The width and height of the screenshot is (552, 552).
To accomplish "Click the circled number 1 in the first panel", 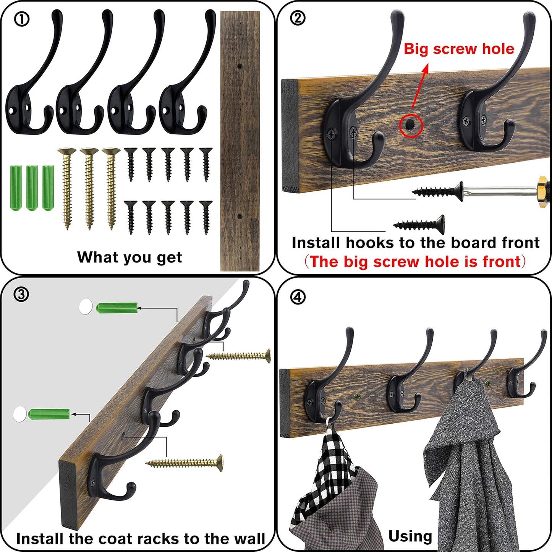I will coord(21,19).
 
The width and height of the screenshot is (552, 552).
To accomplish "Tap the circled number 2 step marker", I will coord(298,18).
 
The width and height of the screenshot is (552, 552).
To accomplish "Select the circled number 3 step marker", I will coord(21,294).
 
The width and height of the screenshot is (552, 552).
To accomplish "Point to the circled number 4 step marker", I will coord(298,297).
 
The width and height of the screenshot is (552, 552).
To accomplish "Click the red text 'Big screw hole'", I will coord(459,49).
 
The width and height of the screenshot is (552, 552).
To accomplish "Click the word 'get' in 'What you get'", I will coord(169,257).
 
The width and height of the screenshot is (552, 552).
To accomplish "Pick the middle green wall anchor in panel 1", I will coord(32,188).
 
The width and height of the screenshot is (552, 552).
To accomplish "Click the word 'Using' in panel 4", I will coord(410,536).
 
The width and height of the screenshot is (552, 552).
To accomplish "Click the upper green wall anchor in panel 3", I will coord(117,308).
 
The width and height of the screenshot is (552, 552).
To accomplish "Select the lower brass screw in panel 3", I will coord(185,463).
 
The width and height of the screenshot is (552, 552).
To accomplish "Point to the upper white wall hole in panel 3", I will coord(86,307).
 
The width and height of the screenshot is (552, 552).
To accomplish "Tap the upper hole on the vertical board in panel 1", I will coord(240,66).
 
